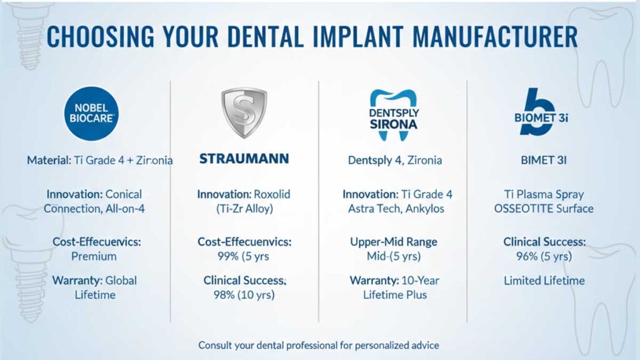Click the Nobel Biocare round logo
[92, 113]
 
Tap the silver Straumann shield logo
[244, 112]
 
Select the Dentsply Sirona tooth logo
[394, 112]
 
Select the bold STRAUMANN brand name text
[244, 159]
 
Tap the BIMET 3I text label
[543, 160]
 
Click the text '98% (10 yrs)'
[244, 295]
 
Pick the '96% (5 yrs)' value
[544, 256]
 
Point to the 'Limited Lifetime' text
[544, 281]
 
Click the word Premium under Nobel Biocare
[94, 256]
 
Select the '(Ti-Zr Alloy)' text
[244, 209]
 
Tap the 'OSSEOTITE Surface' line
[544, 209]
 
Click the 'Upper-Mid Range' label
[394, 242]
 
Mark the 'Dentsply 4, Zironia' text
[394, 160]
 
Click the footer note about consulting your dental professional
[319, 345]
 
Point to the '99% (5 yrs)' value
[244, 256]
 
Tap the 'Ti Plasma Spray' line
[544, 194]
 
